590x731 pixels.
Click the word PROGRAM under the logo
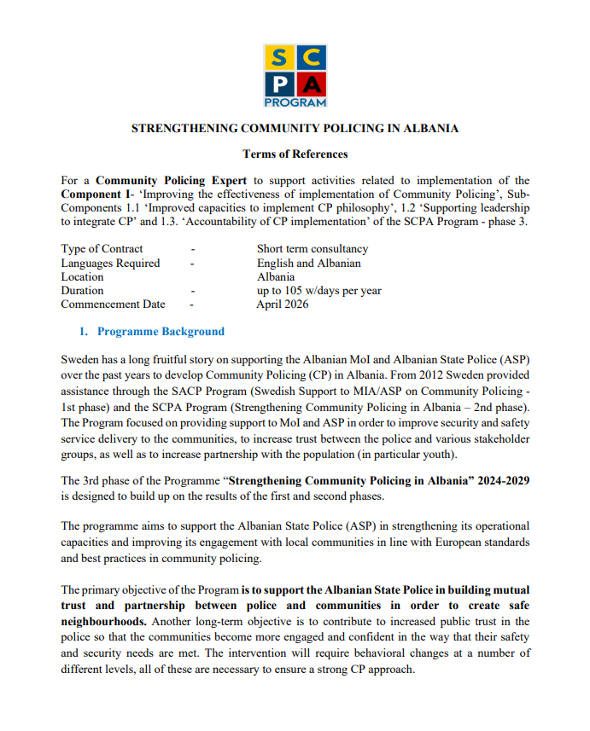(x=295, y=102)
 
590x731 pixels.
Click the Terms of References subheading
(x=295, y=154)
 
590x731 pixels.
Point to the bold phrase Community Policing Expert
(x=171, y=181)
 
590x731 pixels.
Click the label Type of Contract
(x=102, y=249)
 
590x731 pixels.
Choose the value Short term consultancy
(x=313, y=249)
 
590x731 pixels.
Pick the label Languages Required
(x=110, y=264)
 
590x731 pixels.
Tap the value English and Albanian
(x=308, y=264)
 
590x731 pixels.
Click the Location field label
(x=82, y=277)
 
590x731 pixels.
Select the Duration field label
(x=82, y=291)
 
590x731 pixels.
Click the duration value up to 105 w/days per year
(x=319, y=291)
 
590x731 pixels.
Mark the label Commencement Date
(x=114, y=305)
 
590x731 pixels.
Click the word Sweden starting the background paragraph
(x=80, y=361)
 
